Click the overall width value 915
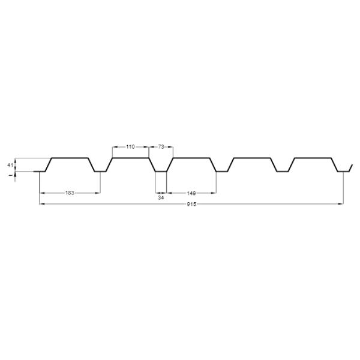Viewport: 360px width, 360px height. point(191,204)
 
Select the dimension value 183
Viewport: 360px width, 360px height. point(70,193)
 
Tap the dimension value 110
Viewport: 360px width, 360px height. point(130,147)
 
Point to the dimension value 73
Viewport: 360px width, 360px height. point(161,147)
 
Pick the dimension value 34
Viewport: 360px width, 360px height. point(161,197)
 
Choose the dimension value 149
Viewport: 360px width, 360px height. point(191,193)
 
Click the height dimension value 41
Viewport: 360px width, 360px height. point(10,165)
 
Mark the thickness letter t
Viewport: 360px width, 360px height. point(10,175)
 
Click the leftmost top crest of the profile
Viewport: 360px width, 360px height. point(70,158)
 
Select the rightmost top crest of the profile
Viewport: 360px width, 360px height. point(313,158)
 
